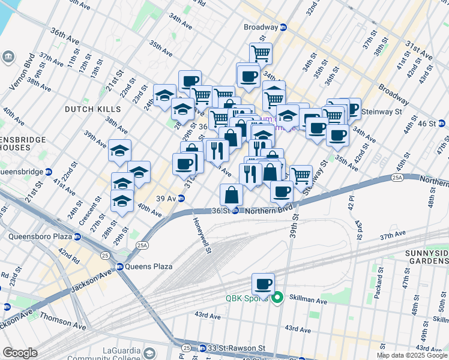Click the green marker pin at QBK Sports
pyautogui.click(x=277, y=298)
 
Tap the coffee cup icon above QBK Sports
pyautogui.click(x=262, y=284)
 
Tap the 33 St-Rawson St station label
pyautogui.click(x=231, y=348)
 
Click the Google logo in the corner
pyautogui.click(x=20, y=353)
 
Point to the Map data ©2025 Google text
pyautogui.click(x=412, y=355)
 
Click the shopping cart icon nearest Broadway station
pyautogui.click(x=261, y=53)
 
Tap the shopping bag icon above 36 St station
pyautogui.click(x=231, y=194)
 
